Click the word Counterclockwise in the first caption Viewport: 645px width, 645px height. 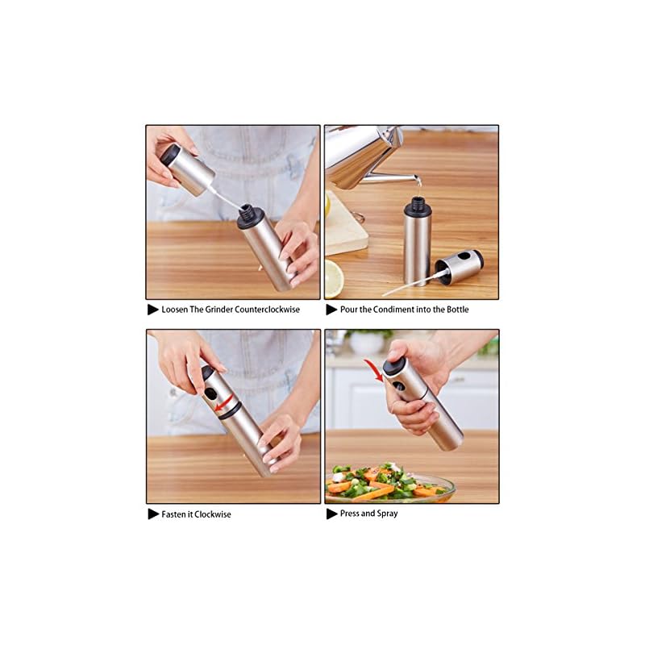[x=268, y=310]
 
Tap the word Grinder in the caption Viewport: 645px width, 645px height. [x=218, y=310]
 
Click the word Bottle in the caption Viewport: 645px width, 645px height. [x=457, y=310]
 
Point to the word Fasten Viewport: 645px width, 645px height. [x=174, y=514]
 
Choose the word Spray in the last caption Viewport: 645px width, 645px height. [x=387, y=514]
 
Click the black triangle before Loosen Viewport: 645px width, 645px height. [x=153, y=310]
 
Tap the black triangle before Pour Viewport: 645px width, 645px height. [x=331, y=310]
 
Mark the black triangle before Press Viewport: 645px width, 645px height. [x=331, y=514]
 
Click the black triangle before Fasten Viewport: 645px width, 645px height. [x=153, y=514]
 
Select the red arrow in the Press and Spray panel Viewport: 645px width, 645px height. [x=373, y=369]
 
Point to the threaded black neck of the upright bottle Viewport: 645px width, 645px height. [x=416, y=205]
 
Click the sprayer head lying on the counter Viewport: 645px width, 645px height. [x=460, y=267]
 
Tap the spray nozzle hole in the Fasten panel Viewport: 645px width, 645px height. [x=210, y=393]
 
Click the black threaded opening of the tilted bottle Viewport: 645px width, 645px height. [x=249, y=215]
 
